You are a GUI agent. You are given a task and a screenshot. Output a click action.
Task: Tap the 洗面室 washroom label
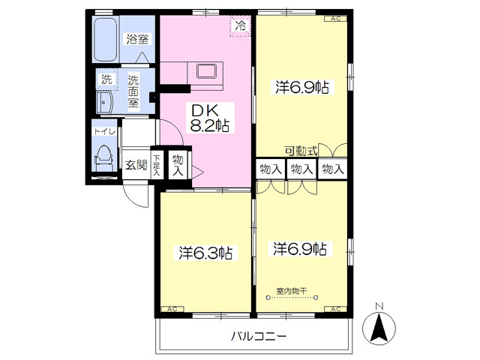[x=133, y=90]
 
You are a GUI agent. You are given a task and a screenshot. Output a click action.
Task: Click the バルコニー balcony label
[x=258, y=337]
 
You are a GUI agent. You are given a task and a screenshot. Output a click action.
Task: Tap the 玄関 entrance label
[x=135, y=165]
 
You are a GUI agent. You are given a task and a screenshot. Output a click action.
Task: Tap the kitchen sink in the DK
[x=206, y=73]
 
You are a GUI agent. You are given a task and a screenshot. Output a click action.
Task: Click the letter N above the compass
[x=380, y=305]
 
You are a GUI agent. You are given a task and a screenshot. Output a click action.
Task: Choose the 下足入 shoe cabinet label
[x=157, y=165]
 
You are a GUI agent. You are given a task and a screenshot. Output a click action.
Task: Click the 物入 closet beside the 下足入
[x=177, y=164]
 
